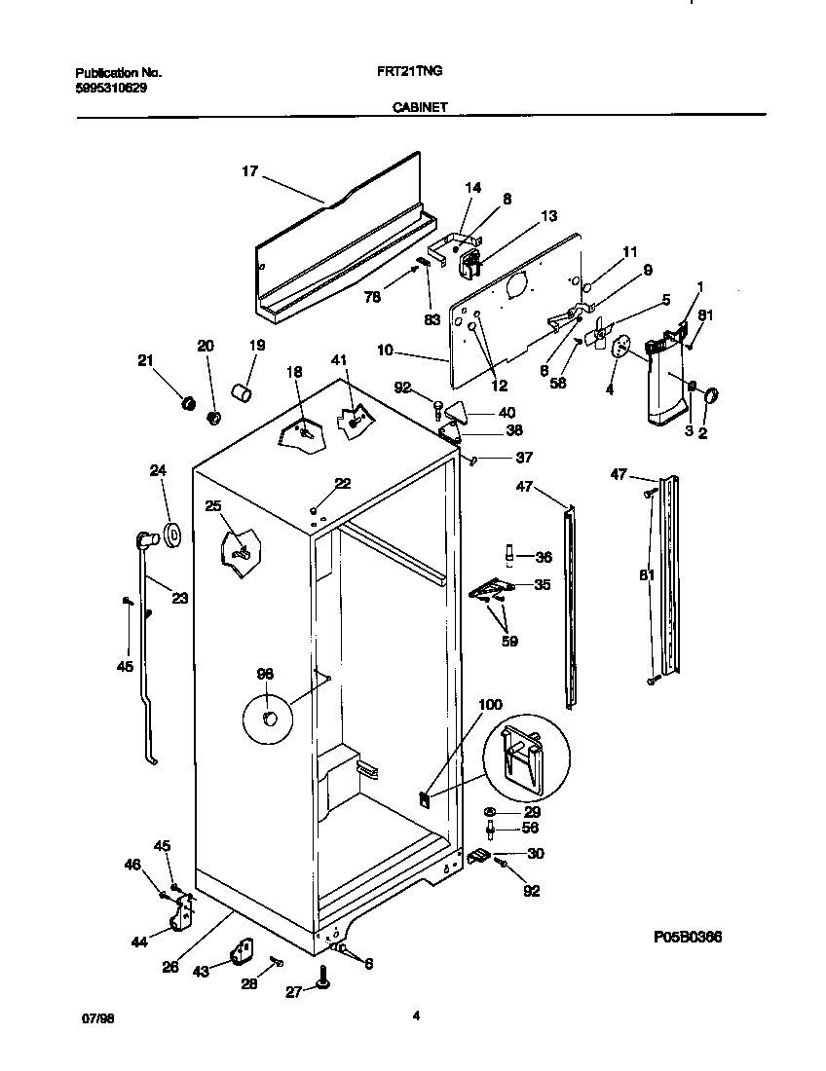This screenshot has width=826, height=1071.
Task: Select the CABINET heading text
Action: tap(420, 108)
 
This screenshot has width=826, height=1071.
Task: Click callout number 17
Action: tap(249, 171)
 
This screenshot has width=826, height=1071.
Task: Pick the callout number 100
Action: tap(491, 704)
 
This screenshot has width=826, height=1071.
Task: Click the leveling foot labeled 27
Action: tap(322, 987)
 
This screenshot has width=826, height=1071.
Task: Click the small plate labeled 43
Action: tap(241, 950)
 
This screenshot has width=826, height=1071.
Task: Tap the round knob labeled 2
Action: tap(709, 395)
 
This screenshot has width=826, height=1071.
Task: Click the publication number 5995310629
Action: tap(112, 88)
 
